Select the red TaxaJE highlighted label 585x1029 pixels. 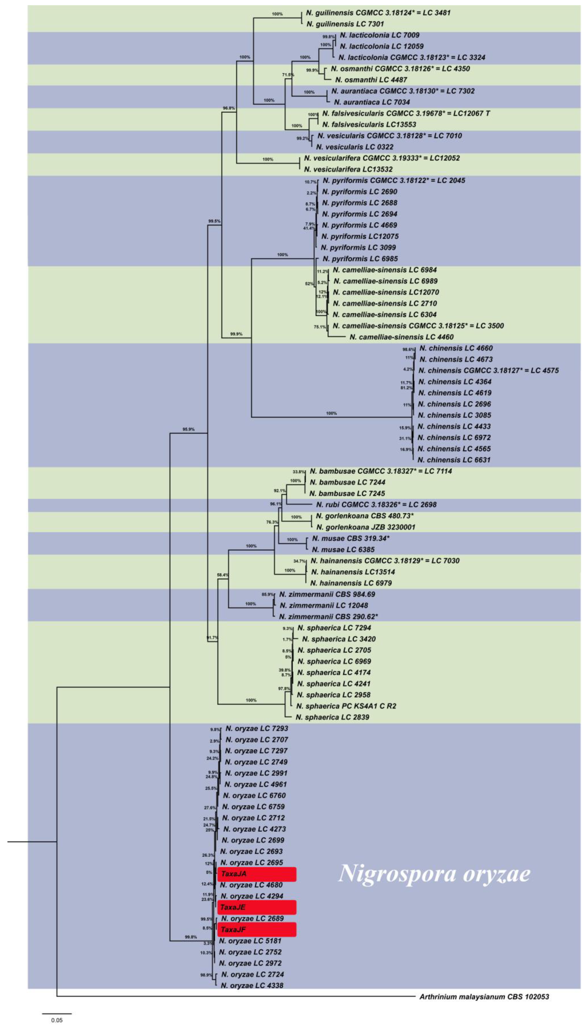(256, 907)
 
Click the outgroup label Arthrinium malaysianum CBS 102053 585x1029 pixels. (484, 996)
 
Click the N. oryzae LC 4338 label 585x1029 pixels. (252, 985)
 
